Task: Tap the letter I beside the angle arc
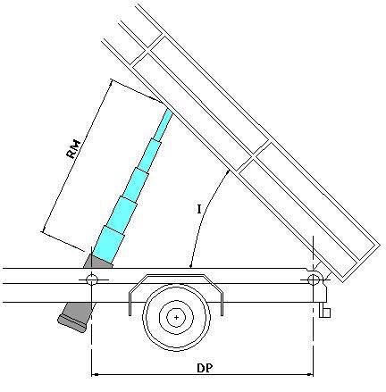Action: pos(199,209)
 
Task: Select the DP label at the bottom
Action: pos(205,368)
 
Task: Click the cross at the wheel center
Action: pos(177,317)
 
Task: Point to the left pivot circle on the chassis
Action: pos(92,279)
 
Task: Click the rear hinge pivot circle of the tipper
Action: pos(313,279)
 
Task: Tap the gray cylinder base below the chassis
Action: pos(75,317)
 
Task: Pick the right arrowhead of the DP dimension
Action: pos(310,374)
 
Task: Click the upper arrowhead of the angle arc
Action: pos(228,171)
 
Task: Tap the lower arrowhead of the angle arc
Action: pos(190,264)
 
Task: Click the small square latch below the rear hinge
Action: pos(325,313)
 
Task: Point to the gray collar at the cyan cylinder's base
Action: pos(98,261)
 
